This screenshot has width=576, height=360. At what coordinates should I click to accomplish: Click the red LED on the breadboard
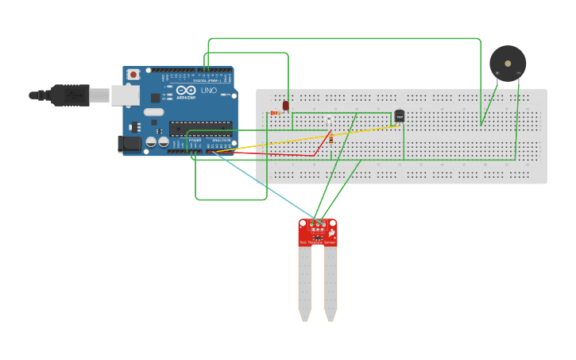click(x=285, y=105)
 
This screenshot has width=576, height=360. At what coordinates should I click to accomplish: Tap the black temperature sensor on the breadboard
click(x=400, y=116)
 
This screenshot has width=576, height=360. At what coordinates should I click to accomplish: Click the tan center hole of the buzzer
click(x=508, y=64)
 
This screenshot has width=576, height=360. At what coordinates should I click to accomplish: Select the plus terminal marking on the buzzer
click(x=497, y=73)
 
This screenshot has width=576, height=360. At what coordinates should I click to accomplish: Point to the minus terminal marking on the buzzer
click(x=518, y=73)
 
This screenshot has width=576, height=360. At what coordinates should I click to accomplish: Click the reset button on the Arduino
click(x=133, y=75)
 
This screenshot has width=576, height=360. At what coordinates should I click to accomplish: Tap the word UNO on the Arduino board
click(x=208, y=91)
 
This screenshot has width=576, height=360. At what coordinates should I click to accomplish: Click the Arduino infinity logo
click(x=185, y=91)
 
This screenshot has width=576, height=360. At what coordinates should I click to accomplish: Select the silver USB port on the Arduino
click(x=124, y=95)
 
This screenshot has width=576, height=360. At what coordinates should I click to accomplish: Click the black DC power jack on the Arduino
click(x=129, y=144)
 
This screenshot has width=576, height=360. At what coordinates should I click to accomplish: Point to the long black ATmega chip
click(x=200, y=128)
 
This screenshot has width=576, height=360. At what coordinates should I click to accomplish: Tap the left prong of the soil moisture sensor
click(x=305, y=282)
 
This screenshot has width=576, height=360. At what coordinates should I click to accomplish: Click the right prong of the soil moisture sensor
click(x=330, y=282)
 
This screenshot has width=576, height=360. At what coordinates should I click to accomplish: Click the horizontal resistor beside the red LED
click(x=276, y=112)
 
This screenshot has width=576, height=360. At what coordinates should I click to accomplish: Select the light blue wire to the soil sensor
click(x=262, y=187)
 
